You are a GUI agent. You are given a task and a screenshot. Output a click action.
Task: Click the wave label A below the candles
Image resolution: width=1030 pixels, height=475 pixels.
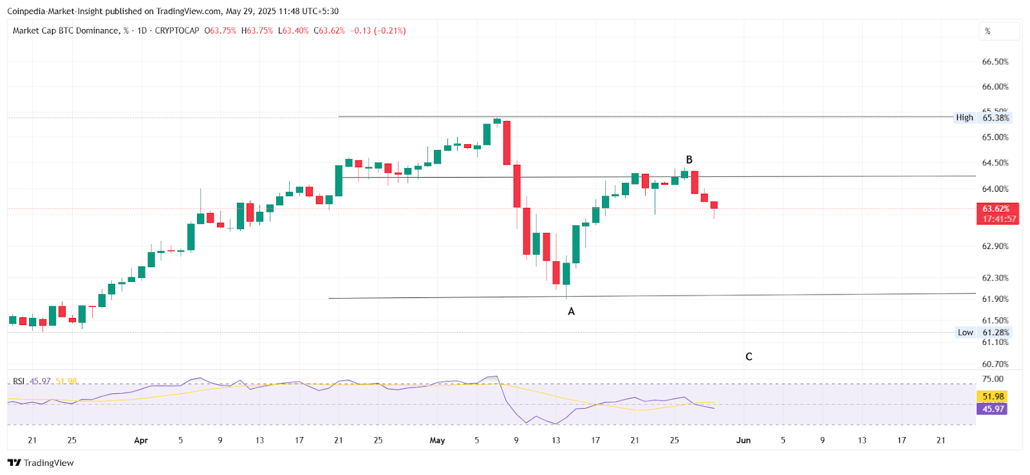(571, 312)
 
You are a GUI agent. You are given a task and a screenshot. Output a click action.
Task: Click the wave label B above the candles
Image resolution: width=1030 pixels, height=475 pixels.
(689, 160)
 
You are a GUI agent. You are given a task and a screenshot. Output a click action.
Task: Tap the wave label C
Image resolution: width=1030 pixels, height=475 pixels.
(749, 357)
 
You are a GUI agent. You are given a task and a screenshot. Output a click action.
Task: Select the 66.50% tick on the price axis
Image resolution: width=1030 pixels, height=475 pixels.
(995, 62)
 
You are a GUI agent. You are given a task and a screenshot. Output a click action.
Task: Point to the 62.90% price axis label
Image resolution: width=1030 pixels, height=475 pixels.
(995, 247)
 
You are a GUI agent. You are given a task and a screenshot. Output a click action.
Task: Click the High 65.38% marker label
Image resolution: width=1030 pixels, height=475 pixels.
(982, 118)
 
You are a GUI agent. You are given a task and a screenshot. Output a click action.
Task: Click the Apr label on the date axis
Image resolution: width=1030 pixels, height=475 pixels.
(141, 440)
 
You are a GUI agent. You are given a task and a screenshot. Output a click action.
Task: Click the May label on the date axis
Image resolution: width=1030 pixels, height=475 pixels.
(437, 440)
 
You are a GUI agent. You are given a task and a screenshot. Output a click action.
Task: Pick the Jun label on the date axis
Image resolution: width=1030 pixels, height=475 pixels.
(744, 440)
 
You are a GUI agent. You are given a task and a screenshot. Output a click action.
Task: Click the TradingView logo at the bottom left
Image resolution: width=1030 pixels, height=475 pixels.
(41, 463)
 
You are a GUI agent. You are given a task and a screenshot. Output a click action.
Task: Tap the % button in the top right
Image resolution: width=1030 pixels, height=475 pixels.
(988, 31)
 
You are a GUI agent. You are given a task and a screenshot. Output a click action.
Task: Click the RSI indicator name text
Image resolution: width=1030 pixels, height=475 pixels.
(19, 381)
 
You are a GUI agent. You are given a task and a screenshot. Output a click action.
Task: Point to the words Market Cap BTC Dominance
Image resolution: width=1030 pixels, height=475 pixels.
(66, 31)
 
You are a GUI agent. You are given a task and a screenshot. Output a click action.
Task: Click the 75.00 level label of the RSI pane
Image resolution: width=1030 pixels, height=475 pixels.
(993, 378)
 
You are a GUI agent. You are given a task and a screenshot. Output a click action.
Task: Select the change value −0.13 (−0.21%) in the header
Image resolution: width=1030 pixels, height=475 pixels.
(378, 31)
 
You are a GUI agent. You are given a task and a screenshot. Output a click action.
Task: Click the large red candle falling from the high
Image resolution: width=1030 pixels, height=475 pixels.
(507, 142)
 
